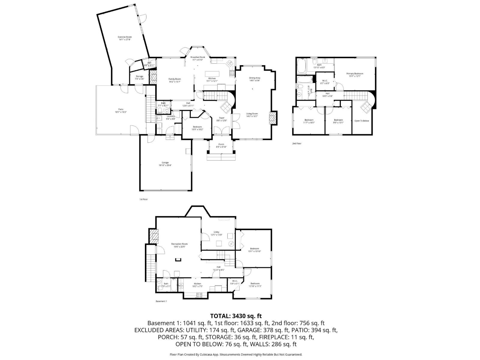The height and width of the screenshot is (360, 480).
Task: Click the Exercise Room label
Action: [124, 37]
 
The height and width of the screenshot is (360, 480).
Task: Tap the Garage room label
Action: [165, 163]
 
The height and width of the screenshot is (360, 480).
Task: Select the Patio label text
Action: [121, 109]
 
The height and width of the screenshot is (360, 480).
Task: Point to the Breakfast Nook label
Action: [198, 57]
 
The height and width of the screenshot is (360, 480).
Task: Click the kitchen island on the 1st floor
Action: [212, 73]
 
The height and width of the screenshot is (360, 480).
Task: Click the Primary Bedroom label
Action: [355, 73]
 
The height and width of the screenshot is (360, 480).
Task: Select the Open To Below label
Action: [361, 121]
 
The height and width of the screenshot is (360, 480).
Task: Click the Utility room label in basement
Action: [216, 232]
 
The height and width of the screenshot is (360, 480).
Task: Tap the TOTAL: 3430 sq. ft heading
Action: [236, 316]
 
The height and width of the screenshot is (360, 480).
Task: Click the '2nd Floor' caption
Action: [297, 143]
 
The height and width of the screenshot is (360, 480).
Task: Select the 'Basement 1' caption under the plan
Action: [161, 301]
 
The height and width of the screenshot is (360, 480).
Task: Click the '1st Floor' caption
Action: [143, 199]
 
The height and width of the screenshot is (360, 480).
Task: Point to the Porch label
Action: [221, 144]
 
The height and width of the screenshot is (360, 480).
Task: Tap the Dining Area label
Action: [254, 78]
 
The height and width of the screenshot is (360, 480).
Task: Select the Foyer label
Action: [222, 118]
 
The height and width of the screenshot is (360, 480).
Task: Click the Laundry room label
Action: [171, 116]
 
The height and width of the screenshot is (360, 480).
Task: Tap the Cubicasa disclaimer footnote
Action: [236, 354]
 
